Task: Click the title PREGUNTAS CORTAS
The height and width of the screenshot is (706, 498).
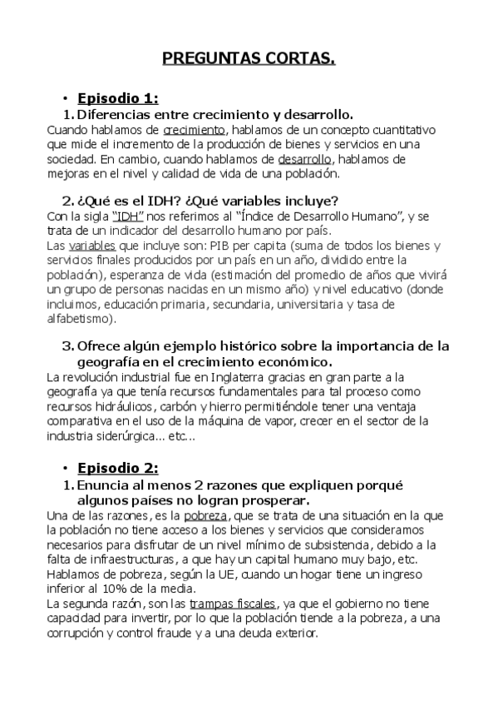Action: pos(249,58)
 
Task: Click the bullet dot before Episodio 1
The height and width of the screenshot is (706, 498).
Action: pos(65,97)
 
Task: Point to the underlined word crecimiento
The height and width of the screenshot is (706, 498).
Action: pos(194,130)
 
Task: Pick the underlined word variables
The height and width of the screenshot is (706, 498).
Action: pos(91,246)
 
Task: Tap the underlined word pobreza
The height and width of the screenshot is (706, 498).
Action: pos(205,516)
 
